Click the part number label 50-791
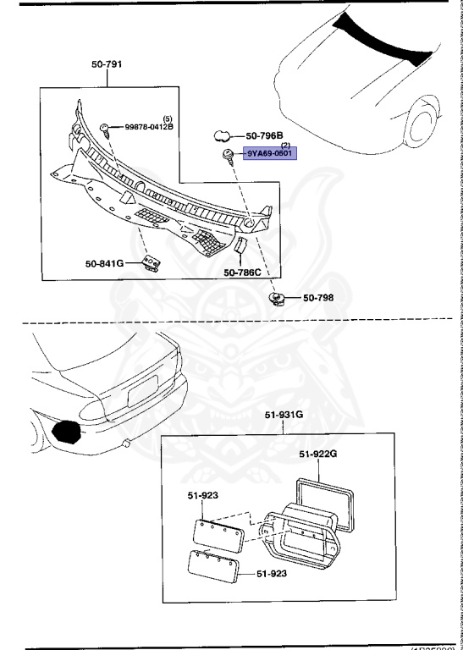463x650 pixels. click(x=107, y=64)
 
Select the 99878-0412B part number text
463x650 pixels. click(x=149, y=127)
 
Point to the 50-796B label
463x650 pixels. click(x=264, y=135)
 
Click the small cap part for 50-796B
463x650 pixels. click(x=223, y=135)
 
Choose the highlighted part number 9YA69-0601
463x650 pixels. click(x=270, y=154)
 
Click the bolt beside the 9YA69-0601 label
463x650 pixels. click(x=229, y=155)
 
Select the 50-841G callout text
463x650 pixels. click(x=104, y=264)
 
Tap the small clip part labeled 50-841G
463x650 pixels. click(x=151, y=263)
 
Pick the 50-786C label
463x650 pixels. click(x=242, y=273)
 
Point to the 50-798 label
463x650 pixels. click(x=320, y=298)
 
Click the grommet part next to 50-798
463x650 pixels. click(x=277, y=298)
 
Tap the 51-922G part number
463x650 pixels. click(x=317, y=454)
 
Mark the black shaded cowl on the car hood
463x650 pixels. click(x=385, y=38)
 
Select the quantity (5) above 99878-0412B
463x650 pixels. click(x=167, y=118)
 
